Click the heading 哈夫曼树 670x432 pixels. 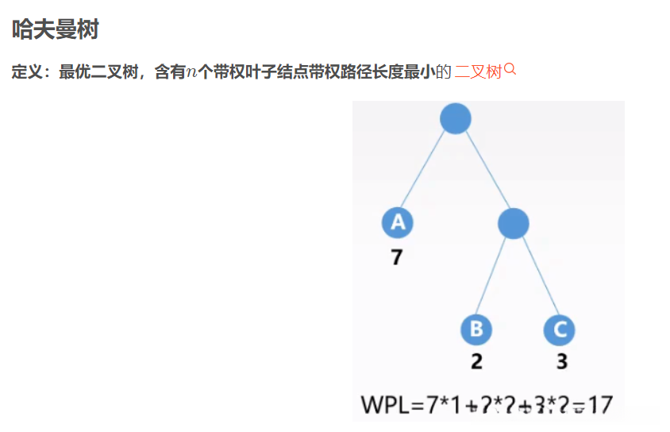coord(55,30)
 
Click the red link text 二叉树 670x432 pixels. coord(478,72)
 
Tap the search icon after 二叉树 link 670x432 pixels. coord(510,70)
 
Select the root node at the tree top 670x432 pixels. coord(455,119)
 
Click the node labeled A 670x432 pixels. coord(397,223)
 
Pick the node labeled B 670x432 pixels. coord(476,329)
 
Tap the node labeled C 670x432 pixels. coord(560,329)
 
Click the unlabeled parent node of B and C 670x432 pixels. coord(514,223)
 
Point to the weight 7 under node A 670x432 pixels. coord(396,257)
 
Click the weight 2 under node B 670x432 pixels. coord(476,361)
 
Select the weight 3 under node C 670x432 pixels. coord(561,361)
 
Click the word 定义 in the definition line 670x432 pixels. coord(27,72)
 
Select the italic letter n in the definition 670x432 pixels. coord(191,73)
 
